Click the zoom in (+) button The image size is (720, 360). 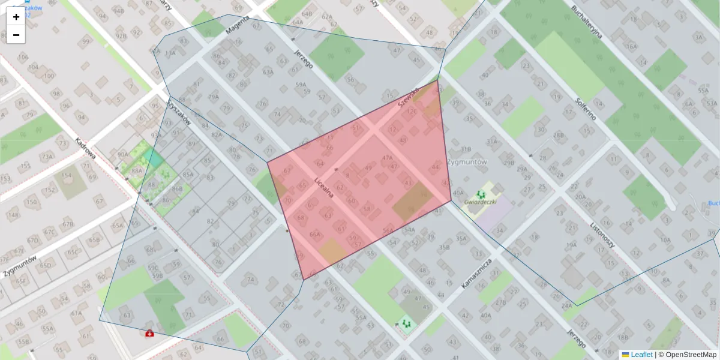pos(16,17)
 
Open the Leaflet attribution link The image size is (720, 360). pos(641,355)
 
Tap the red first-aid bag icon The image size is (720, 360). pos(148,333)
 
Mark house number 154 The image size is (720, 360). pos(66,176)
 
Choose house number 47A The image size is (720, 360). pos(387,158)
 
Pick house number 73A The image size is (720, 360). pos(47,157)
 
